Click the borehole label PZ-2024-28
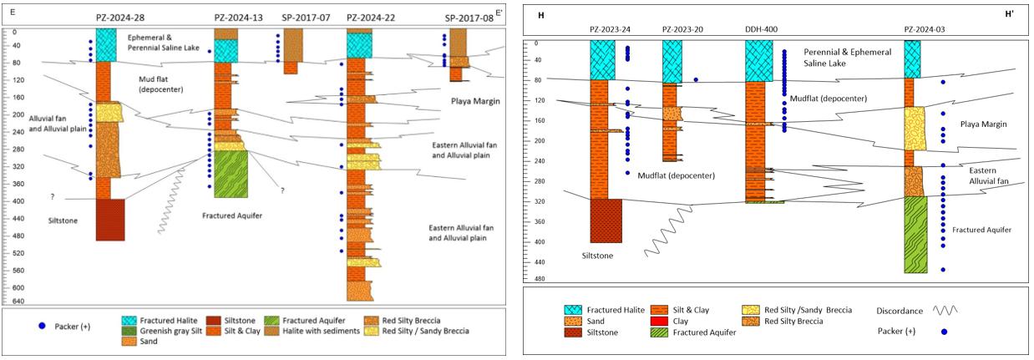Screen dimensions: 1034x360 click(x=120, y=18)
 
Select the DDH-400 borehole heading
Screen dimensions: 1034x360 click(x=761, y=29)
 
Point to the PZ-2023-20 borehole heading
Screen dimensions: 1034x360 click(x=682, y=29)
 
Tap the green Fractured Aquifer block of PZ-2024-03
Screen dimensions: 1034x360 click(x=915, y=235)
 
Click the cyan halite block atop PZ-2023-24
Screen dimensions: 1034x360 click(x=602, y=60)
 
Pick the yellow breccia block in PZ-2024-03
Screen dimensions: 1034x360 click(x=915, y=129)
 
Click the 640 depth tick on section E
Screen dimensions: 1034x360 click(x=15, y=302)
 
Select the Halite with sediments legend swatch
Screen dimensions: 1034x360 click(x=272, y=331)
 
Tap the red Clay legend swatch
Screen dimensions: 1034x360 click(x=659, y=322)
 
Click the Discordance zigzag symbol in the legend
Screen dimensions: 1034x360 click(x=945, y=311)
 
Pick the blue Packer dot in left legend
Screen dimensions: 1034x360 click(x=42, y=326)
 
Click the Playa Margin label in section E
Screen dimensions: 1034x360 click(x=475, y=101)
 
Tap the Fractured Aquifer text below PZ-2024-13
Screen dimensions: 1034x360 click(x=232, y=215)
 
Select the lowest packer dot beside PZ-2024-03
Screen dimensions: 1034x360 click(x=943, y=270)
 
